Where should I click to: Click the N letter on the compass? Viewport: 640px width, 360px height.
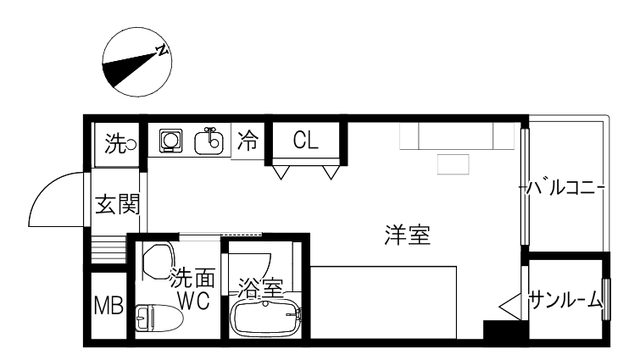[x=162, y=50]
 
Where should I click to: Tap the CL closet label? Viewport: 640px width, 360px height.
[x=305, y=141]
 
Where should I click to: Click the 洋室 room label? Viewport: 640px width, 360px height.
[x=407, y=235]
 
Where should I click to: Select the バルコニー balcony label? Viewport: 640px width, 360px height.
[x=562, y=188]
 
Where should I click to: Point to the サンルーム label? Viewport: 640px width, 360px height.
[x=566, y=301]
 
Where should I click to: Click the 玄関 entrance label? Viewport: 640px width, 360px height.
[x=118, y=204]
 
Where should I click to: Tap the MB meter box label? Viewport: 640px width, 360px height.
[x=109, y=305]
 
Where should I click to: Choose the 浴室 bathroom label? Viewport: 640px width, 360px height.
[x=260, y=288]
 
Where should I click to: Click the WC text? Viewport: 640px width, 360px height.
[x=194, y=301]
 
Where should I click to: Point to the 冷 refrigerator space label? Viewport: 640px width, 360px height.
[x=248, y=140]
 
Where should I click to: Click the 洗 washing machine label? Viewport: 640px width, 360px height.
[x=116, y=144]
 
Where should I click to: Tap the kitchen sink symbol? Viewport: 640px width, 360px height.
[x=209, y=141]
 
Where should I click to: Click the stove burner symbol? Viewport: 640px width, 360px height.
[x=171, y=141]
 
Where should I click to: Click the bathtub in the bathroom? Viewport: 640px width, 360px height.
[x=266, y=319]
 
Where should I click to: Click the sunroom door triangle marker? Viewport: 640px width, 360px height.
[x=510, y=306]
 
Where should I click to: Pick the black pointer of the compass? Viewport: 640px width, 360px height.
[x=128, y=68]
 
